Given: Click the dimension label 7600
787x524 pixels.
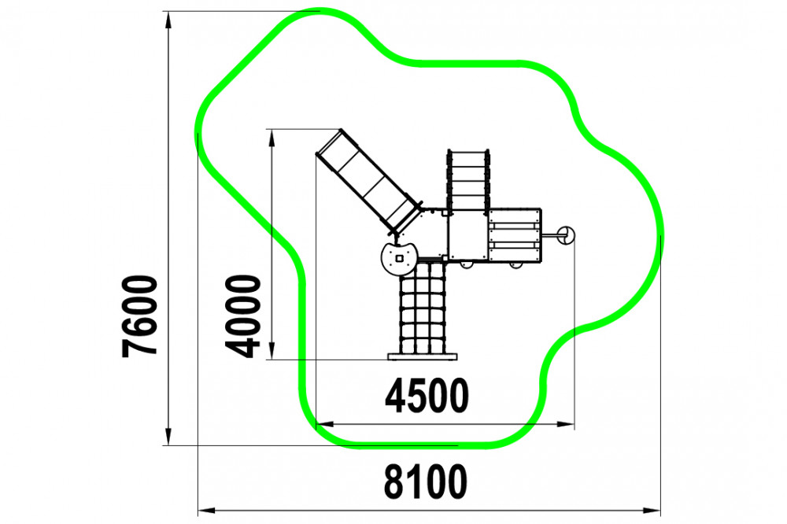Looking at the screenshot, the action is click(x=139, y=316).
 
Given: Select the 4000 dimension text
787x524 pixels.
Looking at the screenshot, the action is click(x=243, y=316).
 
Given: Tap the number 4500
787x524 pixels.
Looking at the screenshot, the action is click(x=427, y=396).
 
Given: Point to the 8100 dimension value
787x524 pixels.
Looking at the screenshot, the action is click(x=426, y=482).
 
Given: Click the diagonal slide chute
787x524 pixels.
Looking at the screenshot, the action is click(x=368, y=183).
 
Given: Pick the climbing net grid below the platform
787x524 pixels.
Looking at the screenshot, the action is click(x=423, y=308).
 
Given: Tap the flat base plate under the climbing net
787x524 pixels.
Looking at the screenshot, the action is click(x=423, y=357).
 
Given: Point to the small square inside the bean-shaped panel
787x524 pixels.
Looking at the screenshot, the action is click(x=400, y=258).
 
